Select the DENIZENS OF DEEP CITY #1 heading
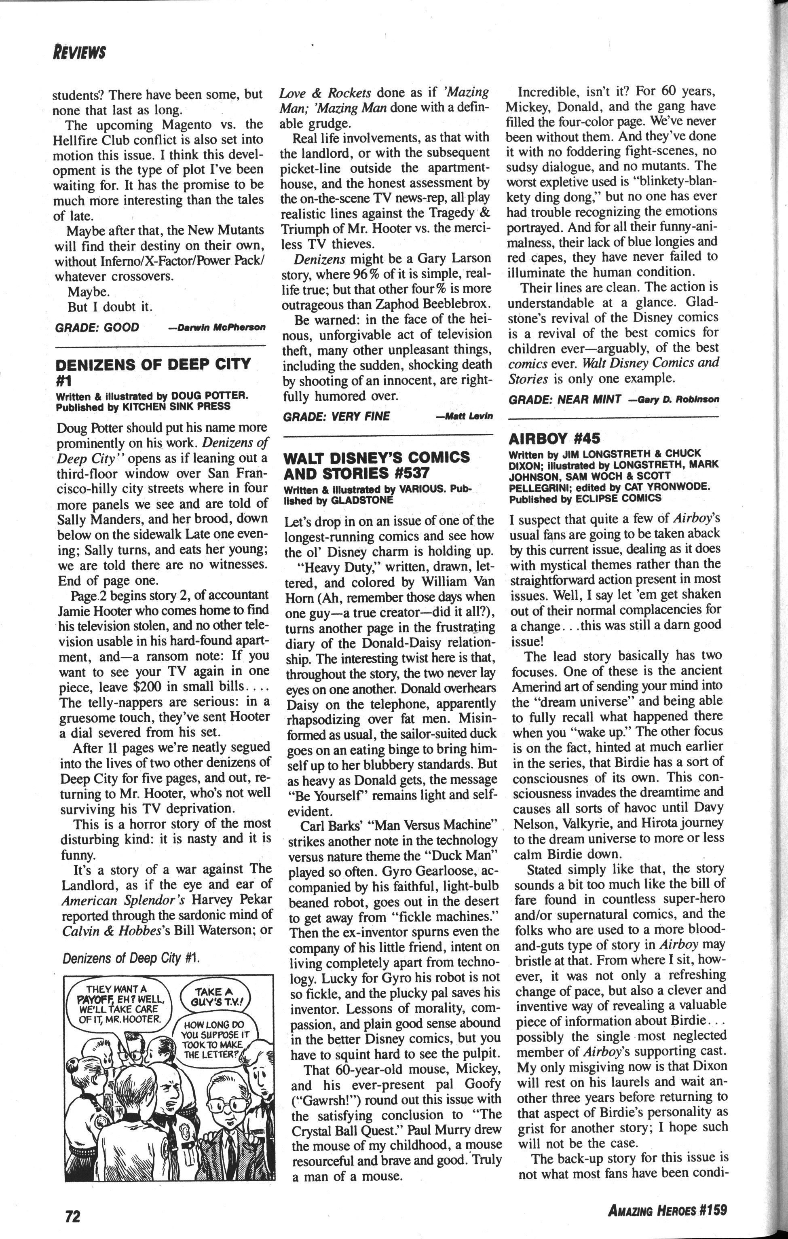coord(153,372)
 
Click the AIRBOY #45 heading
coord(554,439)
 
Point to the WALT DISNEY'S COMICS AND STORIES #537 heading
coord(376,465)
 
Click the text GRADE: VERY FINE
coord(336,416)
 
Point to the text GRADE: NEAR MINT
coord(564,399)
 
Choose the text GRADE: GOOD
coord(97,327)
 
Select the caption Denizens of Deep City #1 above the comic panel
coord(130,958)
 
